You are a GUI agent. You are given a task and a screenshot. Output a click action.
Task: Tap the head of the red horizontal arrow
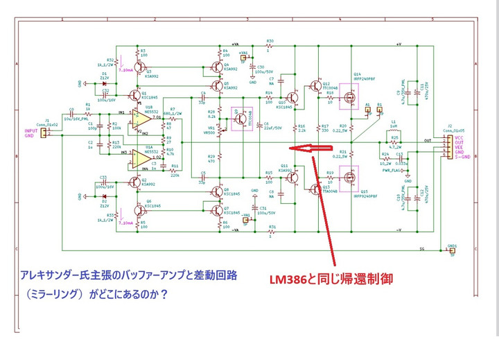(x=292, y=148)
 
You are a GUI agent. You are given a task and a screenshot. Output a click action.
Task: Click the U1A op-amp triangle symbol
(x=143, y=158)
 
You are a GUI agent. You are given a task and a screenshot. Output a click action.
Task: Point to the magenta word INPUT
(x=31, y=130)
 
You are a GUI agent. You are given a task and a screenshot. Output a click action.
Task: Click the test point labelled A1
(x=369, y=110)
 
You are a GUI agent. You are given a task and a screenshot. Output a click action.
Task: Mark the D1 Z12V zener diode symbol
(x=105, y=75)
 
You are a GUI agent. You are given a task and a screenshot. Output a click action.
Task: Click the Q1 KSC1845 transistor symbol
(x=134, y=94)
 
